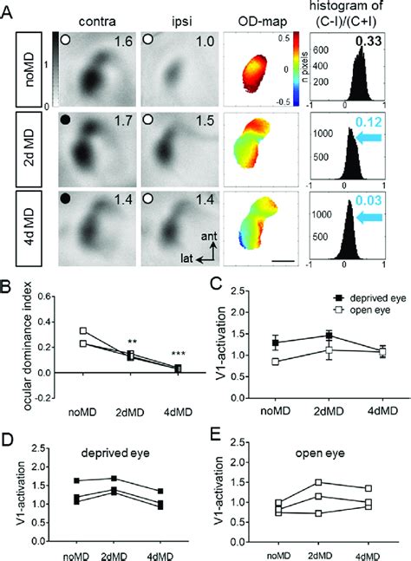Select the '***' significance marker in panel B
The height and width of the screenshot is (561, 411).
point(177,355)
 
